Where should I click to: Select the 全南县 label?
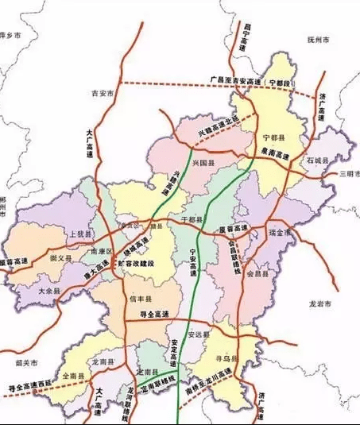pyautogui.click(x=72, y=376)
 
